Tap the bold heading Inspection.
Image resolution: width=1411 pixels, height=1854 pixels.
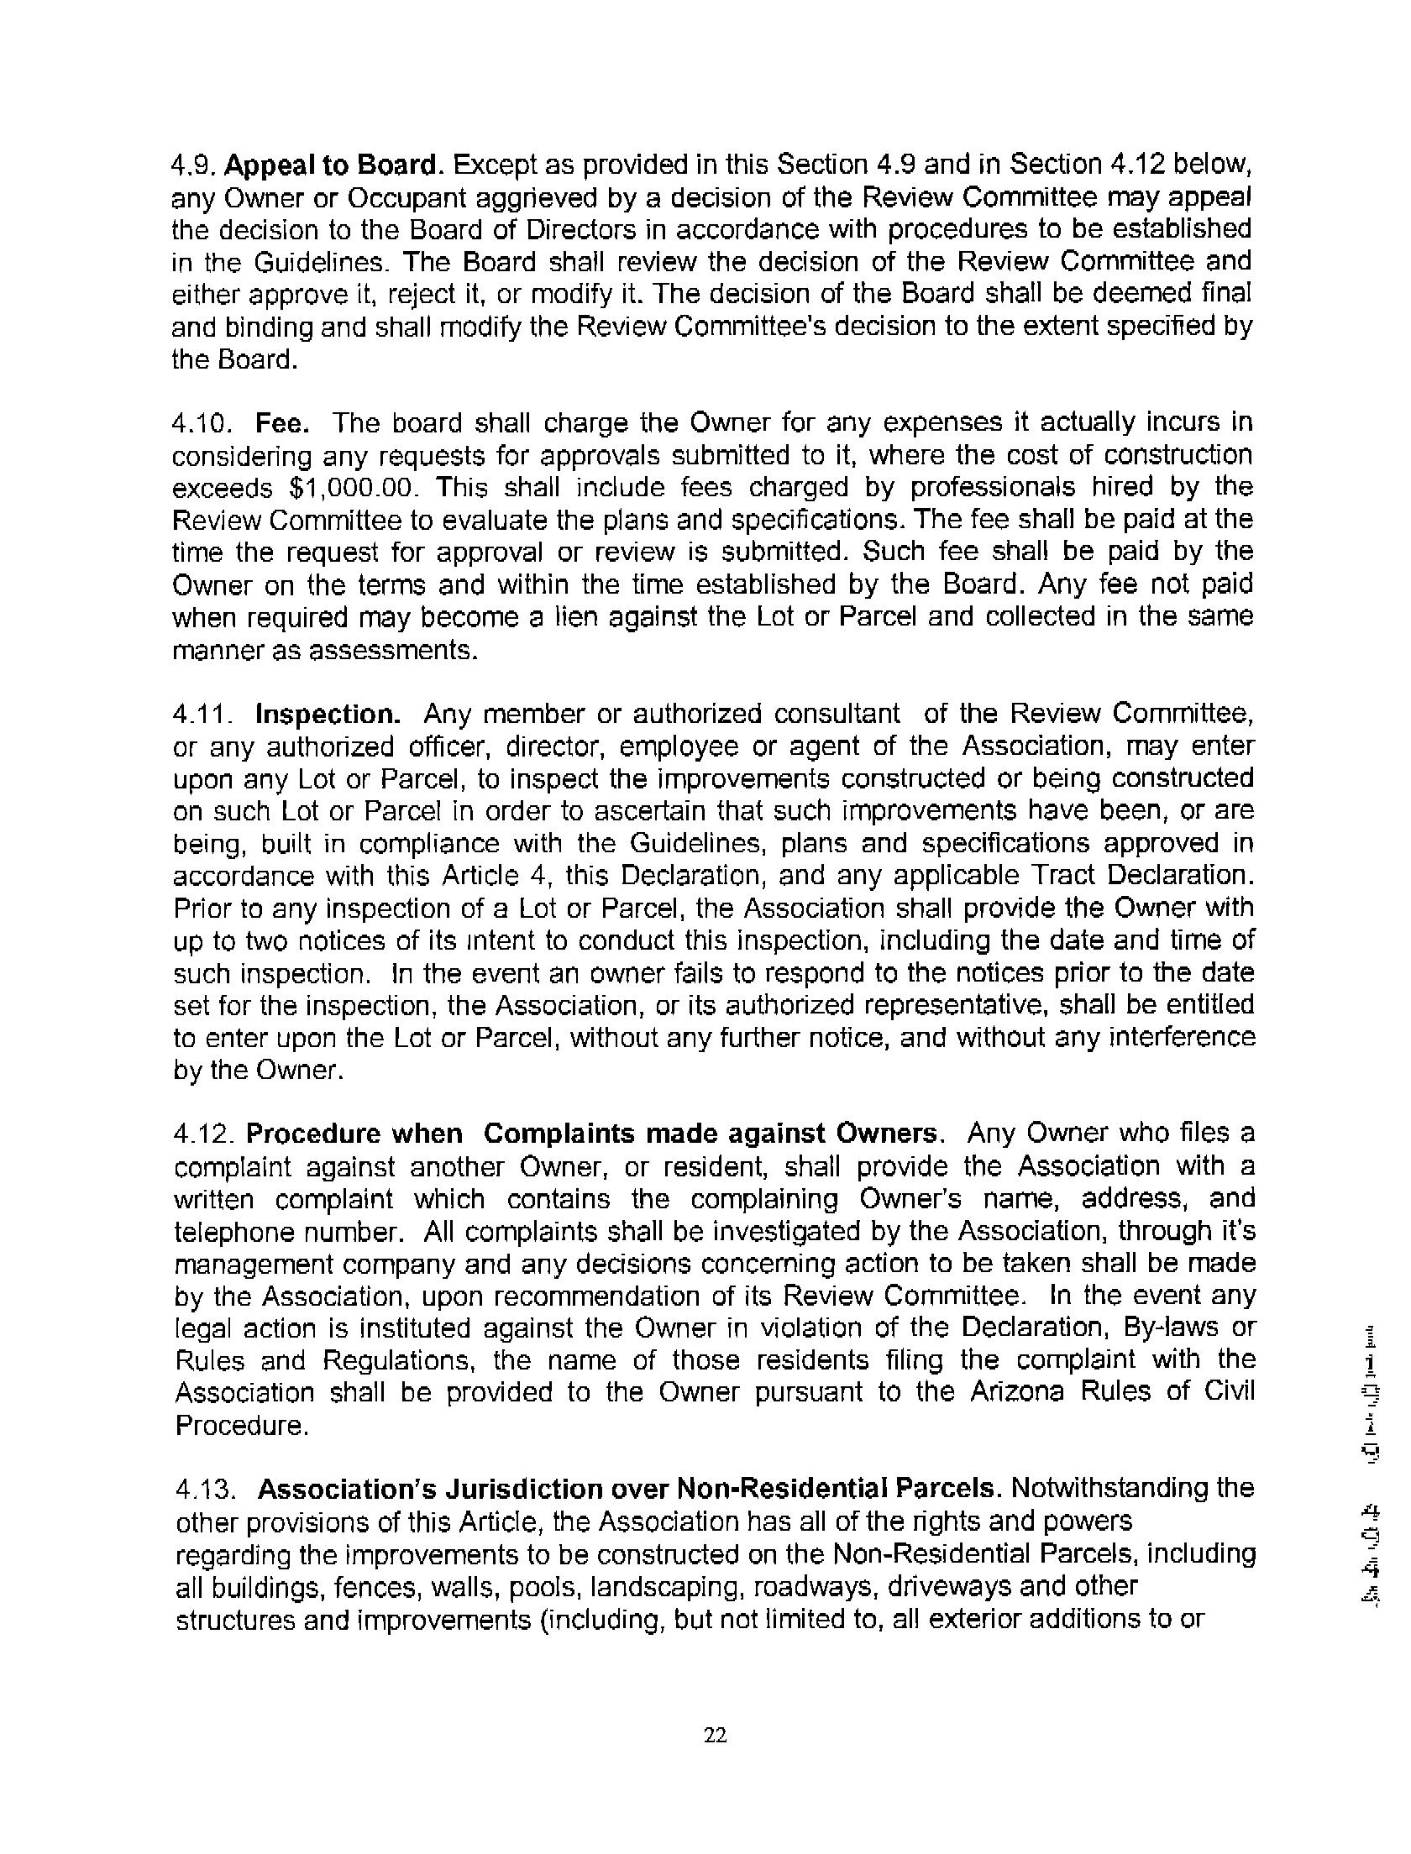click(328, 715)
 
